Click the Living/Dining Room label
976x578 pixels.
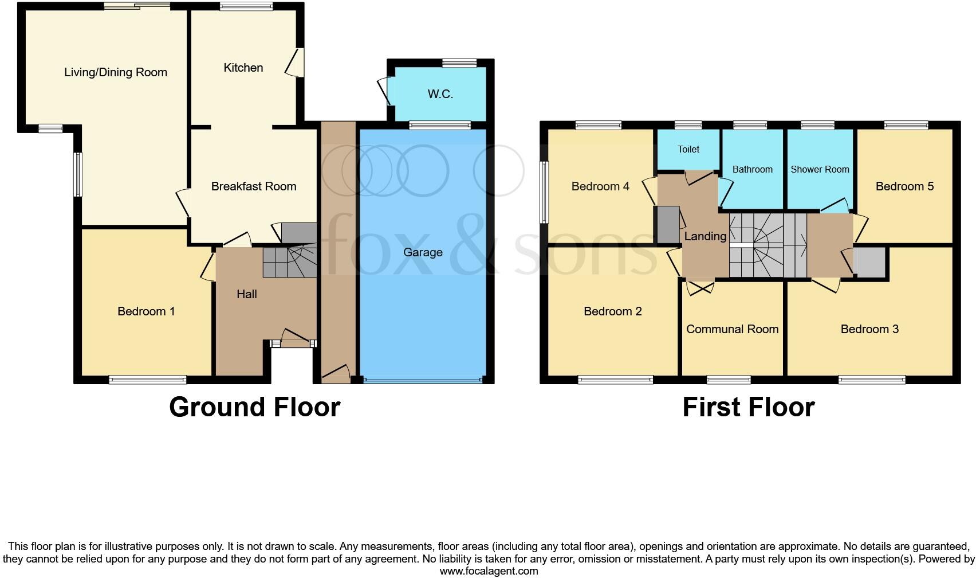(x=116, y=72)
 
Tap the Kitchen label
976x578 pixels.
(x=243, y=68)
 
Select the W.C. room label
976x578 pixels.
(x=440, y=94)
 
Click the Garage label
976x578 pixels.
(x=423, y=252)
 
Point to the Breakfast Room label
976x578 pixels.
(x=253, y=186)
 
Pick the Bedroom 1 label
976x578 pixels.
(x=146, y=311)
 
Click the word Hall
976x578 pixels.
(x=247, y=294)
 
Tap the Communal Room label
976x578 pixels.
(x=732, y=329)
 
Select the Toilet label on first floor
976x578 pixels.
(x=688, y=149)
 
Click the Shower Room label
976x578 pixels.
(x=820, y=169)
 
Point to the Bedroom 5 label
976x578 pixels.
(x=904, y=186)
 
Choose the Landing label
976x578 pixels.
(x=705, y=236)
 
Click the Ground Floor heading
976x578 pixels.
(x=255, y=407)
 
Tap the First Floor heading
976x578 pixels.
(x=748, y=407)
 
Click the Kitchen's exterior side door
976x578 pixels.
(x=296, y=63)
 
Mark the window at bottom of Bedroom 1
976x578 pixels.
(x=148, y=379)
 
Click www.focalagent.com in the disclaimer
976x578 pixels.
(x=489, y=571)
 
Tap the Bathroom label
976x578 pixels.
(x=752, y=169)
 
